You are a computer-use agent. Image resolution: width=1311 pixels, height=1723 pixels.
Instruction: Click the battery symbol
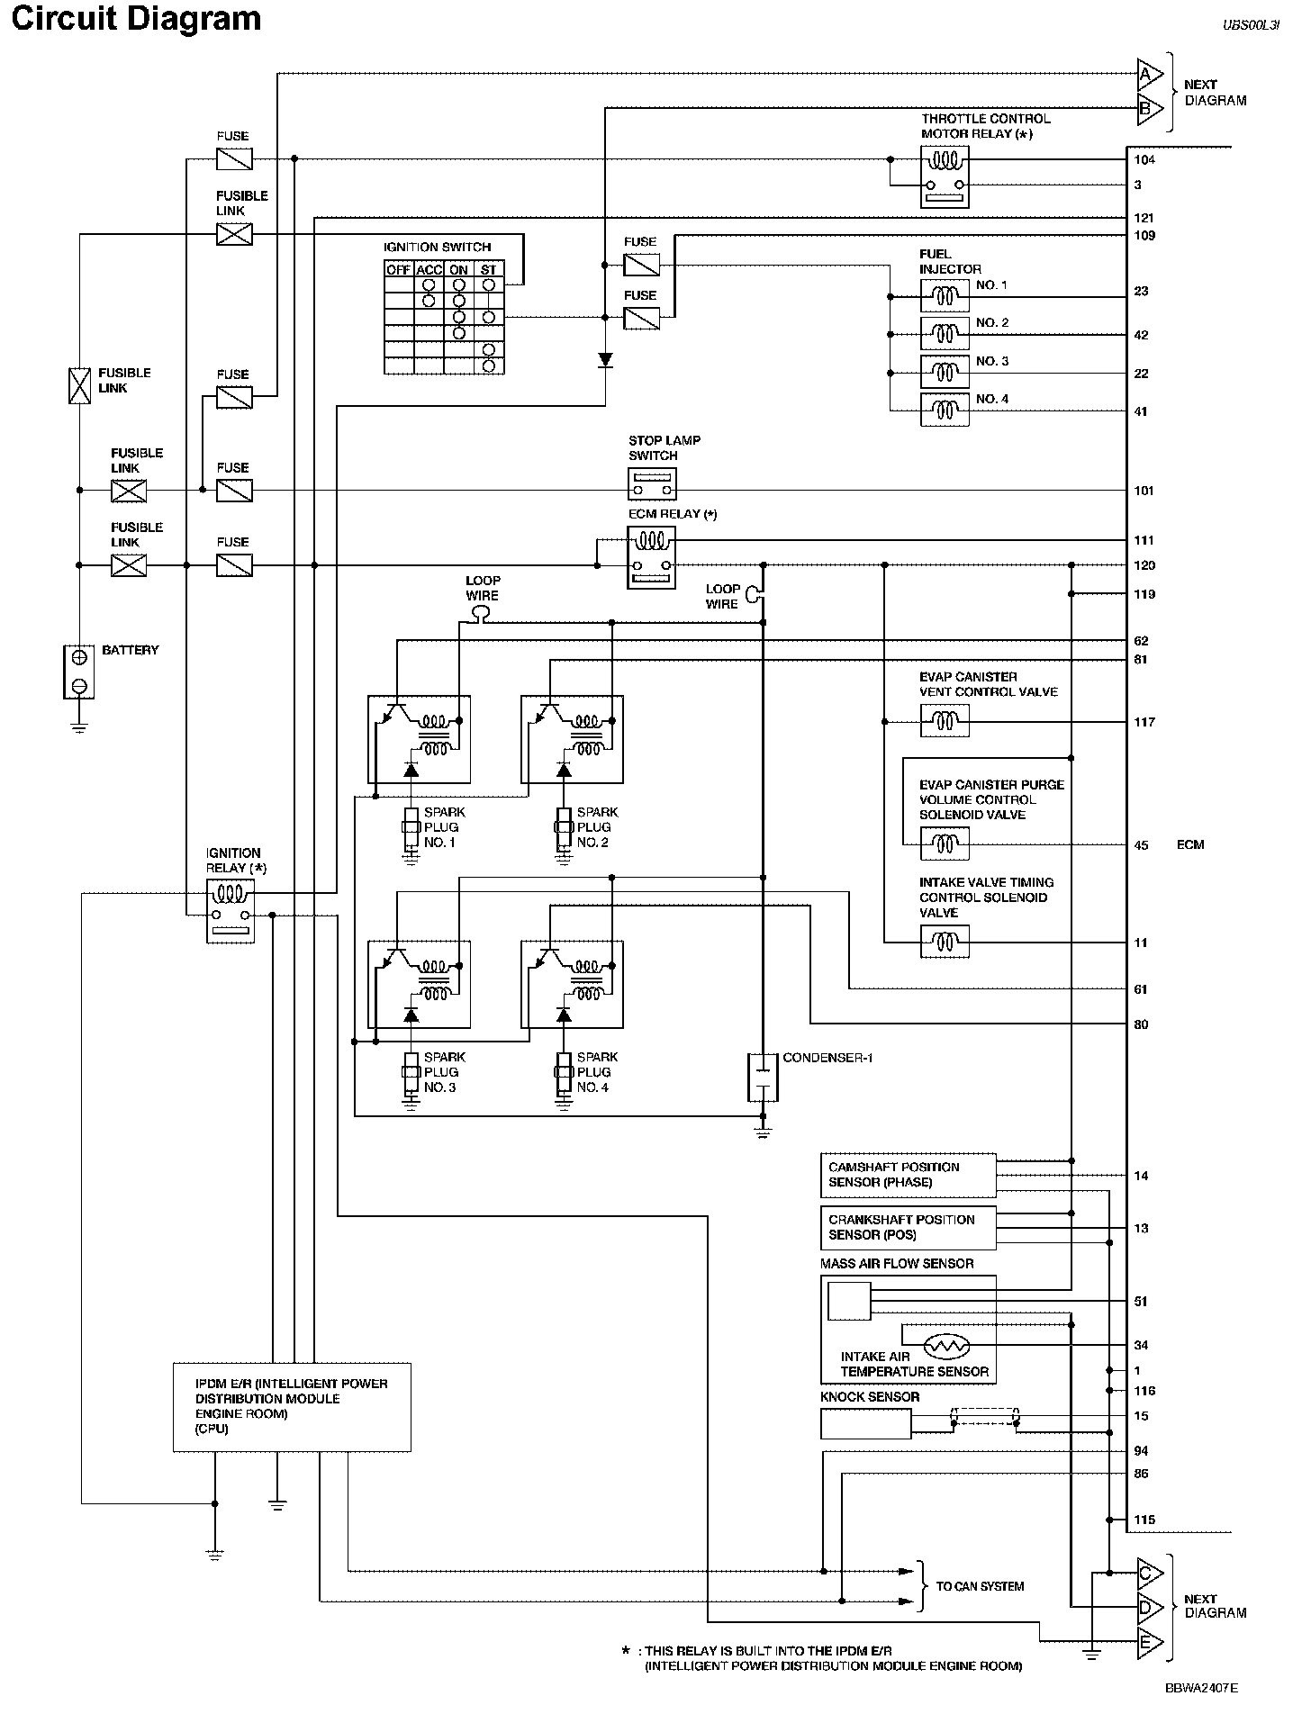click(x=79, y=672)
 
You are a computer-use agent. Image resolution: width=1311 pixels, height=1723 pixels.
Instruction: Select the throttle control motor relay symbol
click(x=945, y=176)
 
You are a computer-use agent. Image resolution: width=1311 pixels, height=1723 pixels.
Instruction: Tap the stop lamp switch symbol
click(x=652, y=484)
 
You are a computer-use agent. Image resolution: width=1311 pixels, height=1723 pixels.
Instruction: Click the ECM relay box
click(x=651, y=558)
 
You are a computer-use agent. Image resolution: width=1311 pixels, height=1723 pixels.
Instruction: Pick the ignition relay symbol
click(x=231, y=911)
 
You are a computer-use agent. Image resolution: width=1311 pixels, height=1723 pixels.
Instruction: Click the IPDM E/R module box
click(x=292, y=1407)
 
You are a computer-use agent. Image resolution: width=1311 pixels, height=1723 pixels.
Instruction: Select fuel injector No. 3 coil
click(x=945, y=371)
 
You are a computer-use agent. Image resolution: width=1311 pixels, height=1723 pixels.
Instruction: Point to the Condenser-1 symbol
click(x=763, y=1077)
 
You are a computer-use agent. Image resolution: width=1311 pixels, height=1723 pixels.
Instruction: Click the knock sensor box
click(x=866, y=1424)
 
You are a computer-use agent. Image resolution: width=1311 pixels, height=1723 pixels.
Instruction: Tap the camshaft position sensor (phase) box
click(x=909, y=1175)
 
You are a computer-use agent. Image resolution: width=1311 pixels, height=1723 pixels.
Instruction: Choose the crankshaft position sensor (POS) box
click(x=909, y=1228)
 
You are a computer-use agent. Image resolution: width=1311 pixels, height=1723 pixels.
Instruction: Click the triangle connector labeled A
click(x=1150, y=74)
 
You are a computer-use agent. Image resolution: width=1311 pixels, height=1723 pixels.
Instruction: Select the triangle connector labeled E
click(x=1150, y=1643)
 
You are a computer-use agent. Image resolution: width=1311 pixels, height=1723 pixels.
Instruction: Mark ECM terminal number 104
click(x=1144, y=160)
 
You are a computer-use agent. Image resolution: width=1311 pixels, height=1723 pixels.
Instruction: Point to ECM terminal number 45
click(x=1141, y=845)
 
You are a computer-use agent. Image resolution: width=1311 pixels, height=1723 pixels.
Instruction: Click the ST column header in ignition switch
click(x=488, y=269)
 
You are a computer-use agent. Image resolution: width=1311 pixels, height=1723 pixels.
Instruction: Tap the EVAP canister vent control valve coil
click(x=945, y=720)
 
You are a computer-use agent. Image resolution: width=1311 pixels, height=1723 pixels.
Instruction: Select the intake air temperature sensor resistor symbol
click(x=945, y=1345)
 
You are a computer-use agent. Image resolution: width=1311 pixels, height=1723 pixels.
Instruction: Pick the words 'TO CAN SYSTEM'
click(x=980, y=1586)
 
